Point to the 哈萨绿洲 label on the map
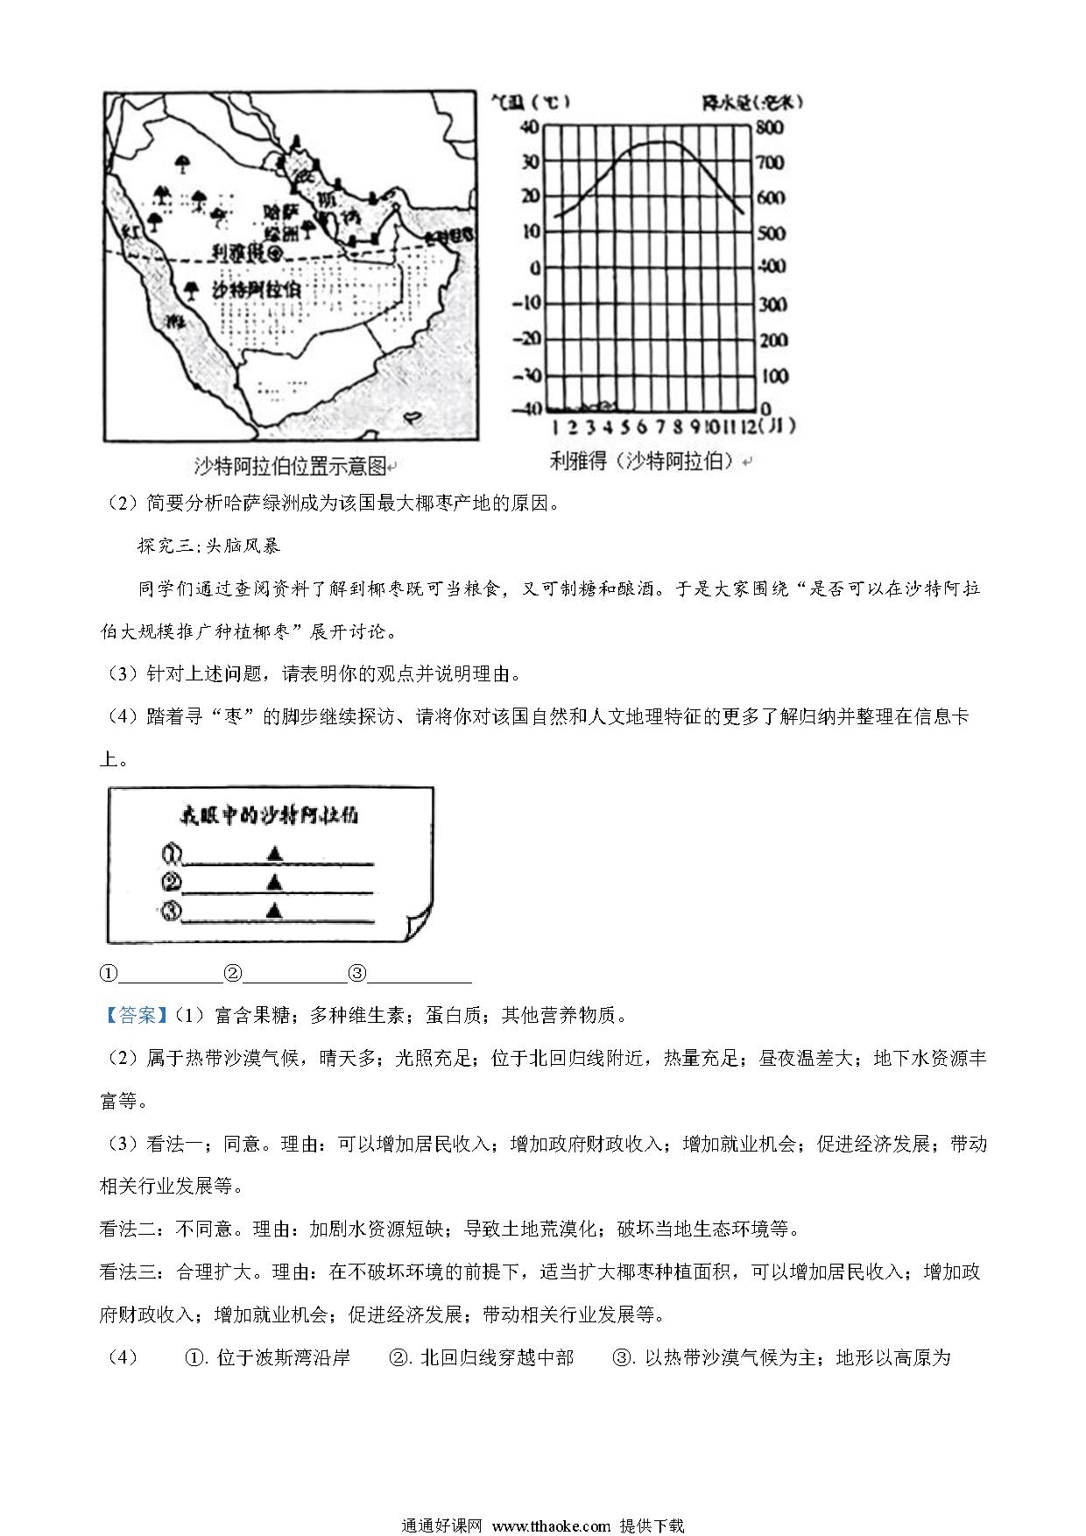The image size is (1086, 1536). (281, 221)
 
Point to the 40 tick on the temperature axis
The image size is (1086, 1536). (530, 128)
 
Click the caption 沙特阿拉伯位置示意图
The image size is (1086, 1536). (290, 467)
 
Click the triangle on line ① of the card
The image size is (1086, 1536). (275, 852)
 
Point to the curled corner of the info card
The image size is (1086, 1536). (419, 926)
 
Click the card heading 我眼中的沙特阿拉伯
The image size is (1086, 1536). (269, 816)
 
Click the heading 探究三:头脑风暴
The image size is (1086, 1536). (208, 546)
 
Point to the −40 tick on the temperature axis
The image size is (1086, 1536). (527, 410)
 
